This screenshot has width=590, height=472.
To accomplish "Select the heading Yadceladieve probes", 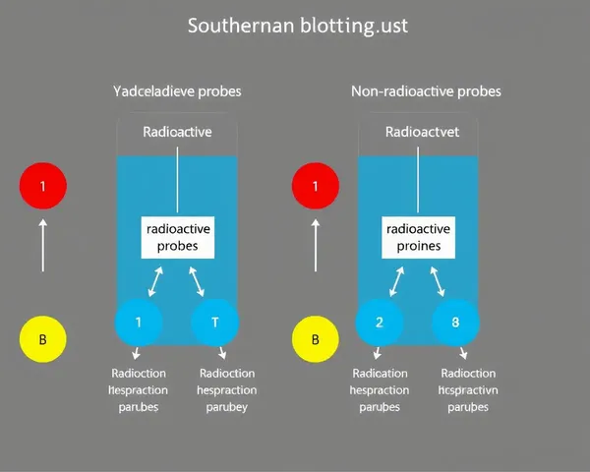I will click(x=177, y=91).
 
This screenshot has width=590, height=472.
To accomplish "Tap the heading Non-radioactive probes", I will click(x=426, y=91).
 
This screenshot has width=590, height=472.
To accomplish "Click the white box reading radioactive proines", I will click(x=419, y=237).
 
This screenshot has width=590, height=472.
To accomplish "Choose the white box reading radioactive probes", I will click(x=177, y=237).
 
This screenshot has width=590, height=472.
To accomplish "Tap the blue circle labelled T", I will click(x=215, y=322).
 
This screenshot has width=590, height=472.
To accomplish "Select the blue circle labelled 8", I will click(x=456, y=322).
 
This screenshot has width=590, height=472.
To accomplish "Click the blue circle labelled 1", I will click(x=139, y=322).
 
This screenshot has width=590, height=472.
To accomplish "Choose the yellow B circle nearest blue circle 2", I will click(x=316, y=340).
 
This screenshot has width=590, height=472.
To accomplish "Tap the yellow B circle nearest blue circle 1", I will click(x=42, y=340).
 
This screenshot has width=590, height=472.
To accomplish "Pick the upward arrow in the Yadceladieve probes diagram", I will click(x=42, y=246).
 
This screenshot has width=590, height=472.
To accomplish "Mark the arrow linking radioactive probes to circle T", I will click(x=197, y=279).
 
